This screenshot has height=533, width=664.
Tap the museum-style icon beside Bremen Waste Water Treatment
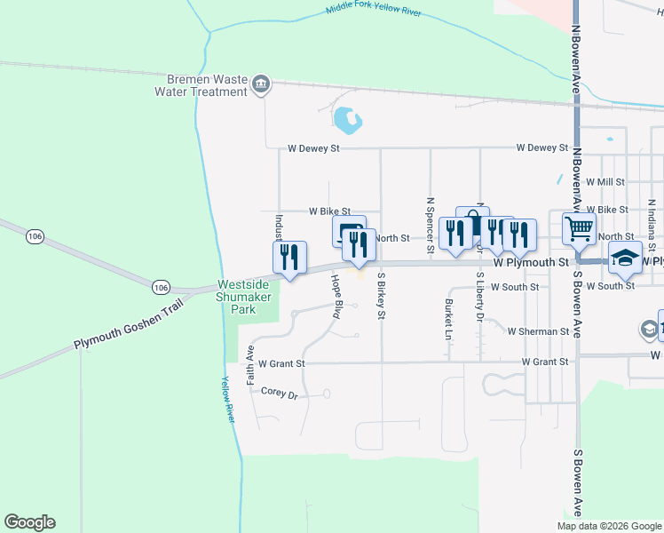[261, 85]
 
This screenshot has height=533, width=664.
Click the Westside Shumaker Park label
[249, 298]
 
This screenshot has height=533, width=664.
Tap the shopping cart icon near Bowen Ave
[579, 228]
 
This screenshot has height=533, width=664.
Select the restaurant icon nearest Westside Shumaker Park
[289, 257]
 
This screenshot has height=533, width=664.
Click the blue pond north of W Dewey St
[345, 118]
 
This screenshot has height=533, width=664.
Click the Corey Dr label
[279, 392]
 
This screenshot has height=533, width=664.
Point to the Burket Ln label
[447, 319]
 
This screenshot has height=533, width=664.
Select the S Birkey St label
[382, 295]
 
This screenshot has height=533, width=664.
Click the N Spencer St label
[430, 225]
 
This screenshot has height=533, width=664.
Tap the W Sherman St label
[538, 331]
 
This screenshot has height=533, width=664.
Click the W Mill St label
[606, 181]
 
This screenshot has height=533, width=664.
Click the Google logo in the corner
[29, 522]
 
